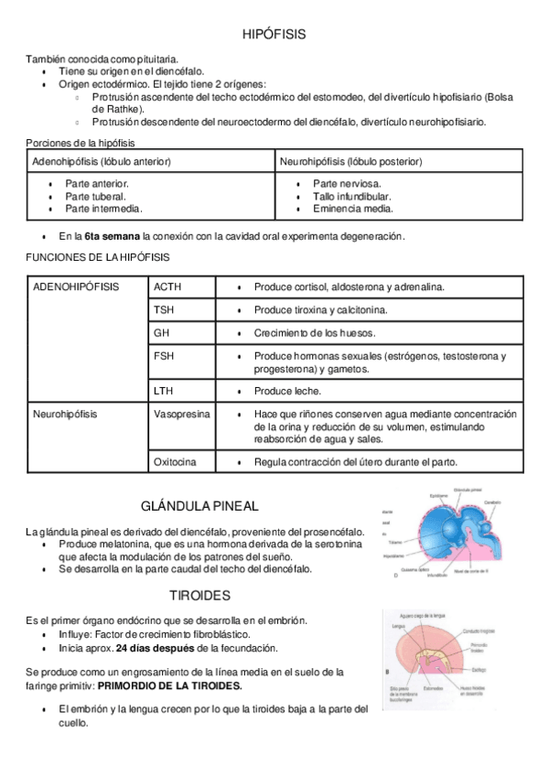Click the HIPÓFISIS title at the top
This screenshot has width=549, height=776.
(274, 34)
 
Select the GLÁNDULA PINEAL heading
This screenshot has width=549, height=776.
(199, 505)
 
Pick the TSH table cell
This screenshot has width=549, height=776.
(164, 309)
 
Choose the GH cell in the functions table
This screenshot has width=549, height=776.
(162, 332)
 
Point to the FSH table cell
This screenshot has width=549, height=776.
(165, 355)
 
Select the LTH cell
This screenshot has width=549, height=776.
(164, 391)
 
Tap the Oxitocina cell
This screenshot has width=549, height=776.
(175, 461)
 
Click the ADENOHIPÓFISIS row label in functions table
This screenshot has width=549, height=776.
(76, 286)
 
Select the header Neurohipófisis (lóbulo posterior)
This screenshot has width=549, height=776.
(350, 162)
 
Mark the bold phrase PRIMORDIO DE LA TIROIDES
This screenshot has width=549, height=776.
(169, 685)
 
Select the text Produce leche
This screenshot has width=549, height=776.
(287, 391)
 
